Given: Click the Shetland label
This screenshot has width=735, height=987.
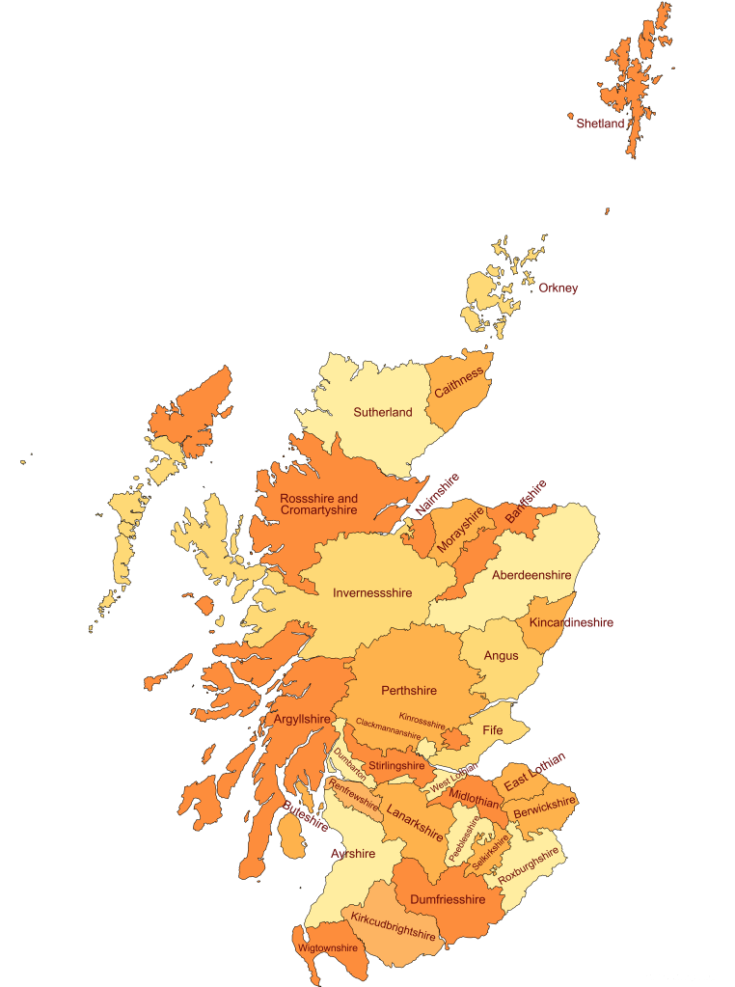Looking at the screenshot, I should pyautogui.click(x=600, y=123).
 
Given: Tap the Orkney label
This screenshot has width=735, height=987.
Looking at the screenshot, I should pyautogui.click(x=558, y=288).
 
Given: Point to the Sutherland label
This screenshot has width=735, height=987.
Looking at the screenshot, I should pyautogui.click(x=382, y=412).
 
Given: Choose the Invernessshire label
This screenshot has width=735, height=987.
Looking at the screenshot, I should pyautogui.click(x=372, y=593).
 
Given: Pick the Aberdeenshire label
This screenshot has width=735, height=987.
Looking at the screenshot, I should pyautogui.click(x=531, y=575).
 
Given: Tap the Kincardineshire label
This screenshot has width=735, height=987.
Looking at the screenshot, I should pyautogui.click(x=571, y=622).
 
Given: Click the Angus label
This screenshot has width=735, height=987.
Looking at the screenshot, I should pyautogui.click(x=501, y=656).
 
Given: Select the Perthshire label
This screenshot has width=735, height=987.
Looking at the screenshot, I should pyautogui.click(x=409, y=691).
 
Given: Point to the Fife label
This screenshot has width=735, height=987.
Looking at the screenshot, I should pyautogui.click(x=492, y=730).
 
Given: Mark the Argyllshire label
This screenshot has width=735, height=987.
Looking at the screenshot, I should pyautogui.click(x=302, y=720).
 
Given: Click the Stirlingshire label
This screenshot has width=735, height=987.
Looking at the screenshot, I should pyautogui.click(x=396, y=766).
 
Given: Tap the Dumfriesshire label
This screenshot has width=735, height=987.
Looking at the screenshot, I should pyautogui.click(x=448, y=899).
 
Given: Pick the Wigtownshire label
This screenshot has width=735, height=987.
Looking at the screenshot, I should pyautogui.click(x=328, y=947).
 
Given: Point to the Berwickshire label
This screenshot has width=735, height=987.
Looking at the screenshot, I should pyautogui.click(x=544, y=808).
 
